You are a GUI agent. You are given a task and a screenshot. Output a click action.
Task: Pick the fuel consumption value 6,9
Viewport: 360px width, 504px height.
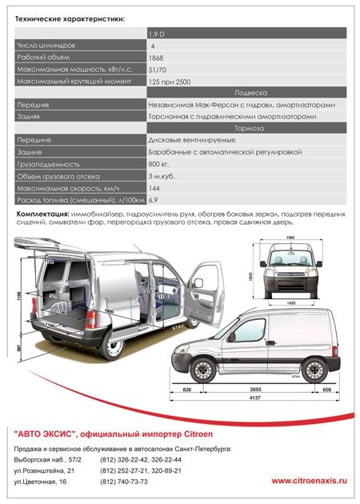click(x=154, y=198)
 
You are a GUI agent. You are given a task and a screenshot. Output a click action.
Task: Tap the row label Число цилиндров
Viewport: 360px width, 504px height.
click(x=46, y=46)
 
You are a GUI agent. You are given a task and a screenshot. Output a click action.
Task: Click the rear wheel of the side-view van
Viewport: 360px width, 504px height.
click(x=312, y=367)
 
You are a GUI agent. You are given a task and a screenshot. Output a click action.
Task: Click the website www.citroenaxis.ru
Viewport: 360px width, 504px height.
click(x=310, y=481)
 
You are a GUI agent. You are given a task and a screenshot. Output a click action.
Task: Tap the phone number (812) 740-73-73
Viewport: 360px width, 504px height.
click(x=147, y=482)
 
